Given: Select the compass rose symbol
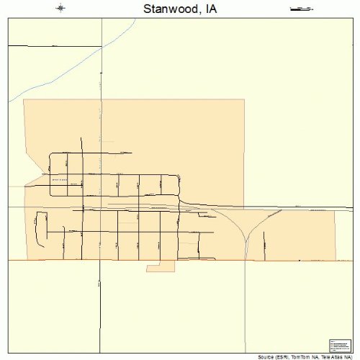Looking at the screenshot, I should pyautogui.click(x=61, y=9).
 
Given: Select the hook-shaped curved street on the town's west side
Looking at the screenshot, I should pyautogui.click(x=39, y=223).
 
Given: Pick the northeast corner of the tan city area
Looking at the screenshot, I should pyautogui.click(x=244, y=99).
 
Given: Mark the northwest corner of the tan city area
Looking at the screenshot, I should pyautogui.click(x=24, y=99).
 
